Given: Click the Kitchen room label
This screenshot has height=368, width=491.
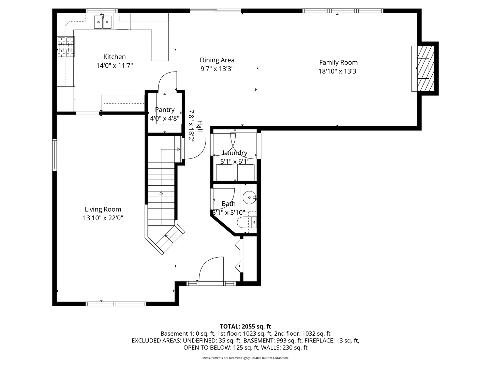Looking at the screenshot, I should [x=115, y=57].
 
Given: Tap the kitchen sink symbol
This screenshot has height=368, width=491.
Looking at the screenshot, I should [x=103, y=22].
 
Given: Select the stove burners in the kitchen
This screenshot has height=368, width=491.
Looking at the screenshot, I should [x=66, y=47].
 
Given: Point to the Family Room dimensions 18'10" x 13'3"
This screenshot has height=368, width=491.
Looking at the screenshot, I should [x=338, y=71].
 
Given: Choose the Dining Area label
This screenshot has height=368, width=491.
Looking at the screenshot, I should [x=217, y=60].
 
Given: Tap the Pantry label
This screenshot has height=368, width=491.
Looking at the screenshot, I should [x=165, y=110].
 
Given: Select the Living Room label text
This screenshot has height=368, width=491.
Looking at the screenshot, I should [x=103, y=209].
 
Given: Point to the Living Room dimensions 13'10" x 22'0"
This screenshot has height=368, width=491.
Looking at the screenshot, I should [x=103, y=218].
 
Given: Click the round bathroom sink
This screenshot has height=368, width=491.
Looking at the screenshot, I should [x=249, y=197].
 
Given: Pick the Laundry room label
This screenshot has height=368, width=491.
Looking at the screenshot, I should [x=235, y=153].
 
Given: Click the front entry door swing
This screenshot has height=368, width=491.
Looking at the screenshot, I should [x=210, y=269].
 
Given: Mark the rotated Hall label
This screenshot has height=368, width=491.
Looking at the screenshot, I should [x=199, y=126].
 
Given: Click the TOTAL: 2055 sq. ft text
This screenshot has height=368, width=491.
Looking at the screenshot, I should [x=245, y=326].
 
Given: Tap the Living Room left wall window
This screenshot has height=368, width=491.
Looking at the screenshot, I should [x=55, y=154].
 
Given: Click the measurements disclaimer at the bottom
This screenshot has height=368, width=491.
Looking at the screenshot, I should [x=245, y=358].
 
